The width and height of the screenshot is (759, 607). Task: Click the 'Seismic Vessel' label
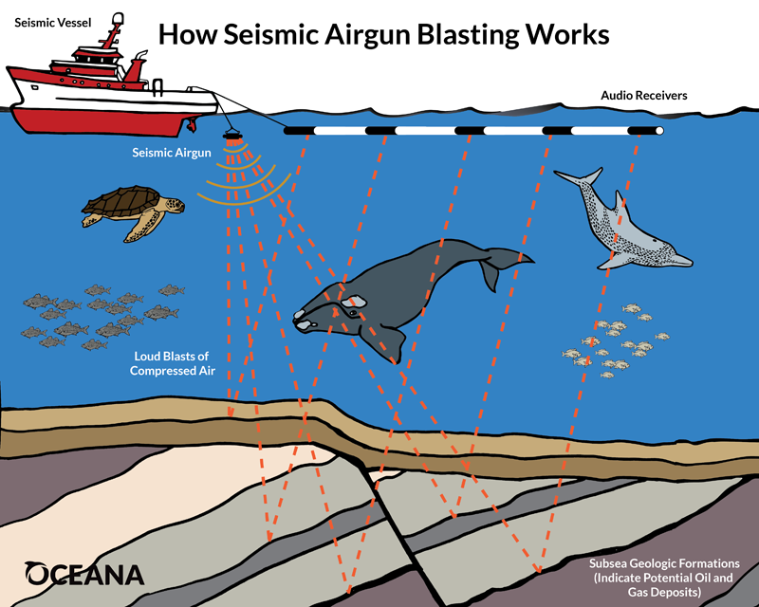(53, 23)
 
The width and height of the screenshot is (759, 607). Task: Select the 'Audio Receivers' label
(644, 96)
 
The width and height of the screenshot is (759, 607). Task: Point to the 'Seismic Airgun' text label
(172, 153)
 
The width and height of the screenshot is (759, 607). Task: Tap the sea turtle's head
(174, 204)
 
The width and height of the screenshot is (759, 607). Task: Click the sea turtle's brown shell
(122, 201)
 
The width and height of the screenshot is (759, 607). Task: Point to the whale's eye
(353, 313)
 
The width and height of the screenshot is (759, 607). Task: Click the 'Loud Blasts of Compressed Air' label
(172, 363)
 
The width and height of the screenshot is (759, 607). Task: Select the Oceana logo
(84, 574)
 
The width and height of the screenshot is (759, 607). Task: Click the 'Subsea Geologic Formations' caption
(664, 578)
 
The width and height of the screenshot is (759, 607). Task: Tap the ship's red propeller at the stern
(192, 124)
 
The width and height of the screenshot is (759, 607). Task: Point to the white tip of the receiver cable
(658, 131)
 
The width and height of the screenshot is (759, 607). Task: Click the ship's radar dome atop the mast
(117, 19)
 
